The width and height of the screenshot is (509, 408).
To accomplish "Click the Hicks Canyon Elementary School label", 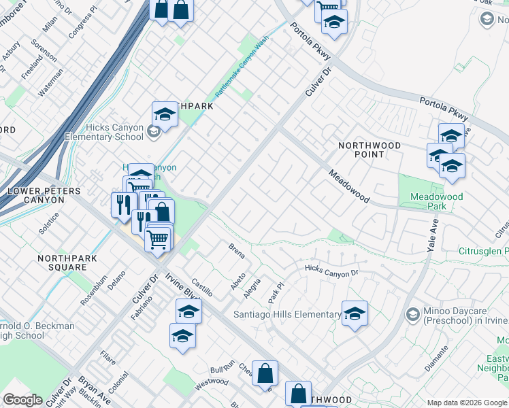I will click(104, 132).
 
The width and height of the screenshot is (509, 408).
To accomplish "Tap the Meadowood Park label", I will click(436, 201).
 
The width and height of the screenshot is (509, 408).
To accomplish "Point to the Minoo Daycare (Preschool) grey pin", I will click(412, 315).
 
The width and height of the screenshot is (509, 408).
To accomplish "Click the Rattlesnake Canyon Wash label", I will click(241, 65).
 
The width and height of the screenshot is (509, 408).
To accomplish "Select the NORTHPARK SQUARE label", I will click(67, 263).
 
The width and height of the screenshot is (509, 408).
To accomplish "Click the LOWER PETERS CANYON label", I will click(44, 196).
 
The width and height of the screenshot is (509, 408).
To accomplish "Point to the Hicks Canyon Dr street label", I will click(331, 272).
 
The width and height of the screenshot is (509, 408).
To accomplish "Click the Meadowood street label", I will click(348, 186).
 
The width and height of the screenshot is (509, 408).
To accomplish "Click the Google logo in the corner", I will click(22, 399).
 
